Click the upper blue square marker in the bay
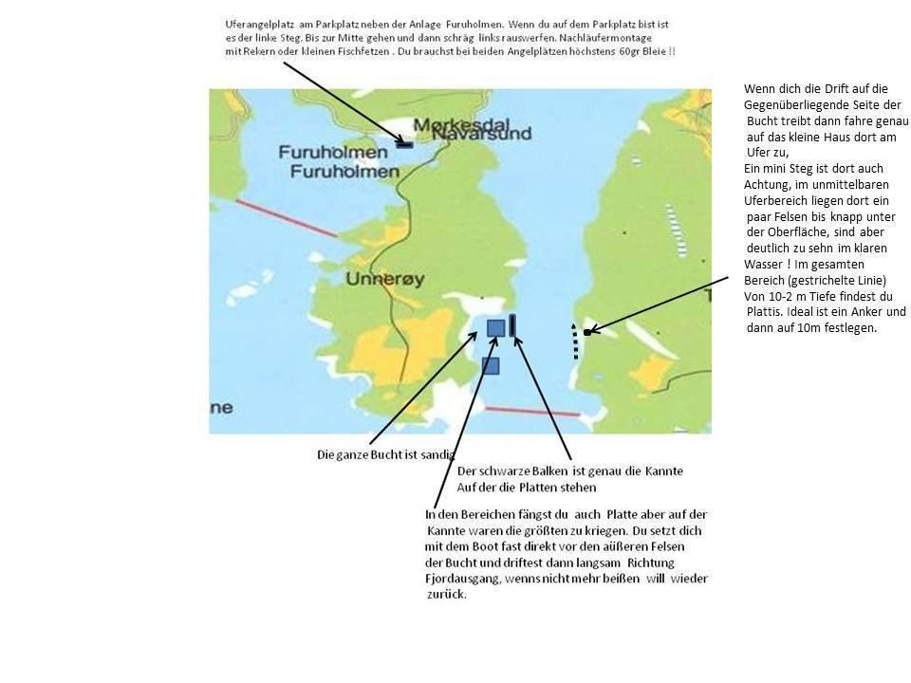point(495,328)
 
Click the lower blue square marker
point(491,365)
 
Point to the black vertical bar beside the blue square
point(513,325)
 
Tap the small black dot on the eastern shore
point(588,332)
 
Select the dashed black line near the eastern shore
point(573,341)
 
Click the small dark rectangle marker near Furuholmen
point(405,144)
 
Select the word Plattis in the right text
point(766,312)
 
